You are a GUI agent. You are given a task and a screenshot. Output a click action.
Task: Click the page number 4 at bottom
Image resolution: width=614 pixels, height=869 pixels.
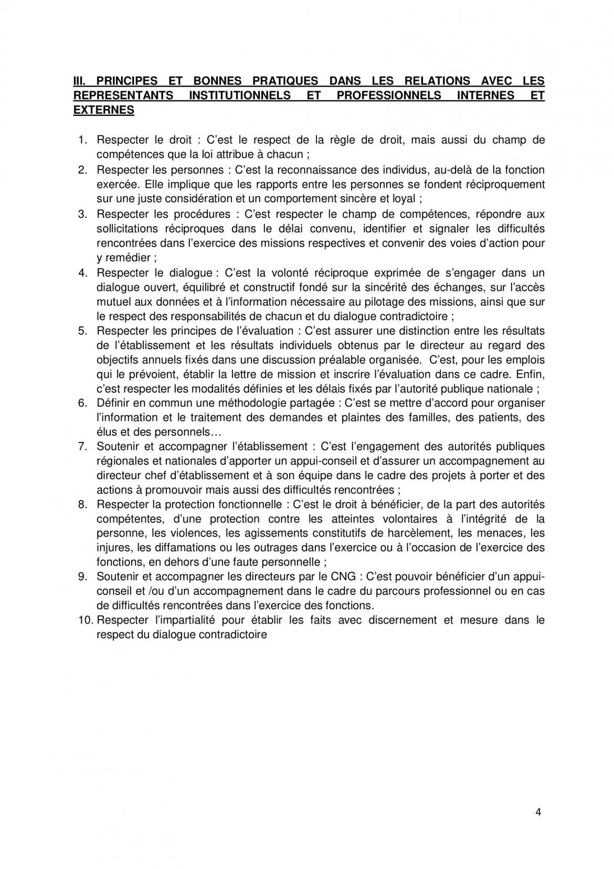(x=538, y=813)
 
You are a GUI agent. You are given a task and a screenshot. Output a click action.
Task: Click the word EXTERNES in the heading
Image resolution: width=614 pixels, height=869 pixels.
(x=103, y=110)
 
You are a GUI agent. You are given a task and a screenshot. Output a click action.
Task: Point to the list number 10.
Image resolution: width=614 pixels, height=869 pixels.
(x=85, y=620)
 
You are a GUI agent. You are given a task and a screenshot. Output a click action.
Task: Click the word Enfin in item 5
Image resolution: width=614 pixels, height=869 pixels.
(x=530, y=375)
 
